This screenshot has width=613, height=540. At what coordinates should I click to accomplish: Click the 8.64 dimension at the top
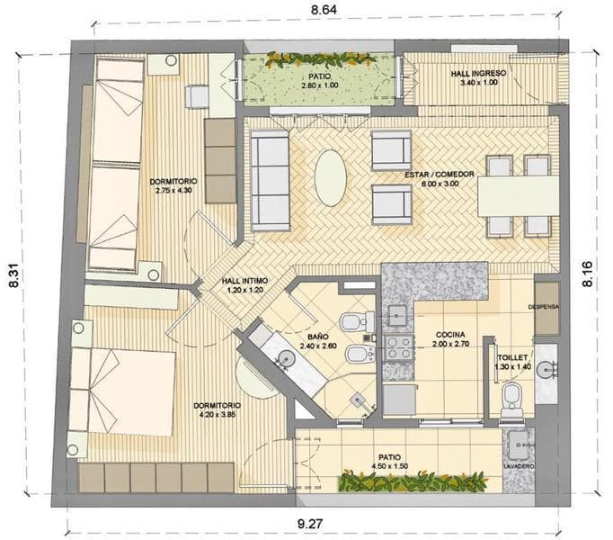(324, 10)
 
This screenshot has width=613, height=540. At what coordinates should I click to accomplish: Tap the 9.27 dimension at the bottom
(310, 523)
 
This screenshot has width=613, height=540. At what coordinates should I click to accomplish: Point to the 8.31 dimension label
(14, 275)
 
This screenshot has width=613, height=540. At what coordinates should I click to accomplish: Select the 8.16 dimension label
(587, 274)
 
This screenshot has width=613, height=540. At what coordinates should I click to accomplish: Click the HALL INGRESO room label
(478, 74)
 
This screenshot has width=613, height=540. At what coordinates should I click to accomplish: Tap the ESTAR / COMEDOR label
(440, 175)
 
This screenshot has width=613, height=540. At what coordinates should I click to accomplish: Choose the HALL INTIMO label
(244, 281)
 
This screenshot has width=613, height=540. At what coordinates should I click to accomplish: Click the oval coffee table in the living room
(331, 178)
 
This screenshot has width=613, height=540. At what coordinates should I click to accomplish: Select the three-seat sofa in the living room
(270, 181)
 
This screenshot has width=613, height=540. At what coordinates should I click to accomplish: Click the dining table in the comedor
(519, 196)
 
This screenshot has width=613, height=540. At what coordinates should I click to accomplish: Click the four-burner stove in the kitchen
(399, 347)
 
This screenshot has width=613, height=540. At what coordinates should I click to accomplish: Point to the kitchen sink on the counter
(398, 316)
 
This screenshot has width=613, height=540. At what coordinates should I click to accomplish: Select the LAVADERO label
(519, 467)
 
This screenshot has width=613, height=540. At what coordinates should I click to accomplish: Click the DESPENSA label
(544, 307)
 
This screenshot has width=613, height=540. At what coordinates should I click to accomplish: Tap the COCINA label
(450, 335)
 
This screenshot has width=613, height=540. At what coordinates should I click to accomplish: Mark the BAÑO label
(318, 337)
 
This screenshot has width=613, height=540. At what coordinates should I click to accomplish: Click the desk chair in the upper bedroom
(197, 96)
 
